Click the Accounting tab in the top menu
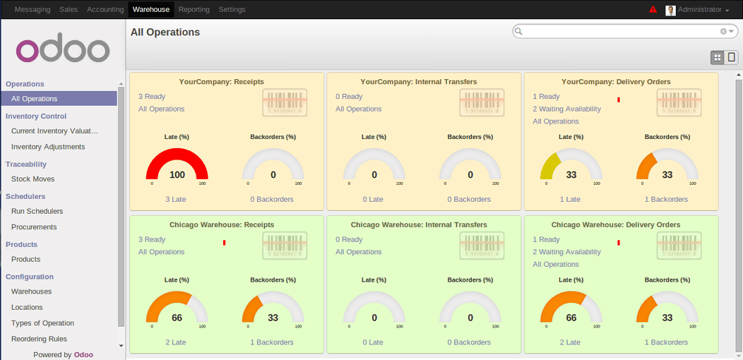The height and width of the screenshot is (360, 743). click(105, 9)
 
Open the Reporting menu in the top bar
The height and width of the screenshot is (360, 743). click(194, 9)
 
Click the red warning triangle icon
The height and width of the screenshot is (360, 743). click(653, 9)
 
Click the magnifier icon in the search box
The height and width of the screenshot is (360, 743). click(518, 31)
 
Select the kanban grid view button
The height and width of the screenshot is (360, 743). click(717, 57)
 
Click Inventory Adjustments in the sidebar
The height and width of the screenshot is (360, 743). click(48, 147)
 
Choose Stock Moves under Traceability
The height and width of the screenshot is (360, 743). click(32, 179)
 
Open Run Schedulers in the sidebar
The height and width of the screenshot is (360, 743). click(37, 211)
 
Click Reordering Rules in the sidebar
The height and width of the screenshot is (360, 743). click(39, 339)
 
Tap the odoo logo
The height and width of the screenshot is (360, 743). click(63, 49)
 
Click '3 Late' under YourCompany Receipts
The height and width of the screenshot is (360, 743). click(176, 199)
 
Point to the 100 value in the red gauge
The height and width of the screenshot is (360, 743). click(177, 175)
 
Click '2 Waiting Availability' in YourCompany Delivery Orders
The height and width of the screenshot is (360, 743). click(566, 109)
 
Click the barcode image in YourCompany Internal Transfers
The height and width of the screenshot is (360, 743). click(482, 102)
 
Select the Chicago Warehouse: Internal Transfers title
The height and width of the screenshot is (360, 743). click(419, 224)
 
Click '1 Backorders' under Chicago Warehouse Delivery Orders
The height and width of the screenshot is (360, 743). click(666, 342)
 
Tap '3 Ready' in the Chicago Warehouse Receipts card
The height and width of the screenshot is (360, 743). click(152, 239)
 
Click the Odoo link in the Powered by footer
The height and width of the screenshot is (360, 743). click(83, 354)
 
